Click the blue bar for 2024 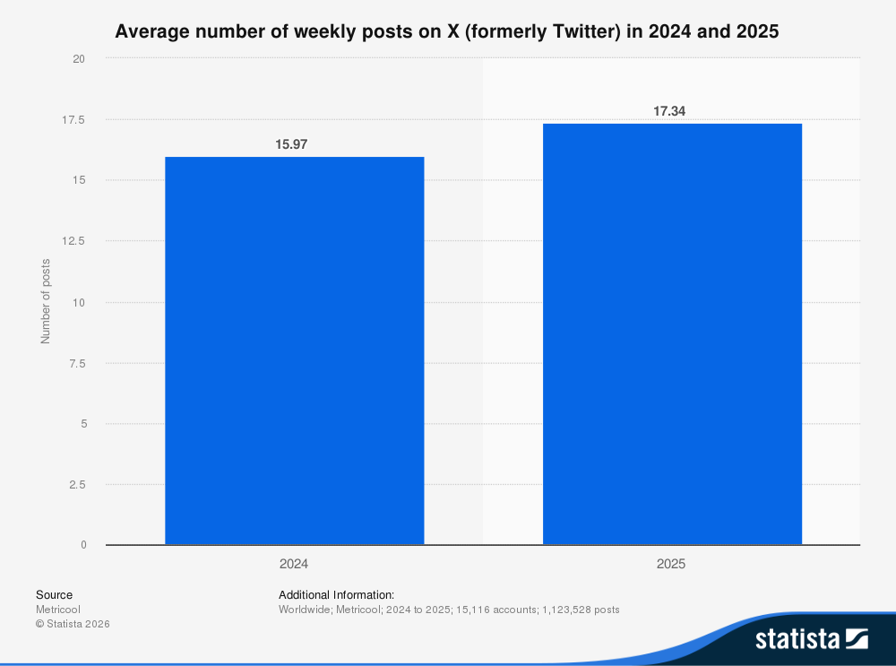click(x=294, y=350)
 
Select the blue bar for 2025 click(x=672, y=333)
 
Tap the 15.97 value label click(x=294, y=144)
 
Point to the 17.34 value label click(x=672, y=111)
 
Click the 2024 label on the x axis click(x=294, y=565)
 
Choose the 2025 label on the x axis click(x=672, y=565)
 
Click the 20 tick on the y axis click(x=79, y=59)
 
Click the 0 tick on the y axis click(x=82, y=545)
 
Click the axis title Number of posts click(x=46, y=301)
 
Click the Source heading click(x=54, y=595)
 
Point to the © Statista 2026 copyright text click(x=72, y=624)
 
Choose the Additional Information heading click(x=336, y=595)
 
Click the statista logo click(x=811, y=638)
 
